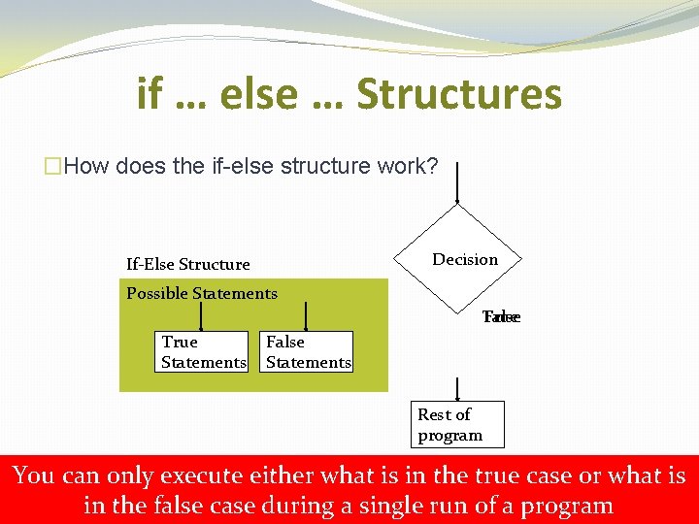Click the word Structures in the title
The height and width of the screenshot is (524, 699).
(459, 94)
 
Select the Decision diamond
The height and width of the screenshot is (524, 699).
(458, 258)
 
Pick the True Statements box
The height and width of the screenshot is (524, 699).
(203, 352)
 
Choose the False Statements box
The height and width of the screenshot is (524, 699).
(308, 352)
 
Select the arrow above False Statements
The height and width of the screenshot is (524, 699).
(307, 315)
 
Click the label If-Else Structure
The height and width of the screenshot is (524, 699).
(188, 264)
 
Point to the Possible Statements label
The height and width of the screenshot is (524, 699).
(202, 293)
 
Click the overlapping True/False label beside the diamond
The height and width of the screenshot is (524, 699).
(502, 317)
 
